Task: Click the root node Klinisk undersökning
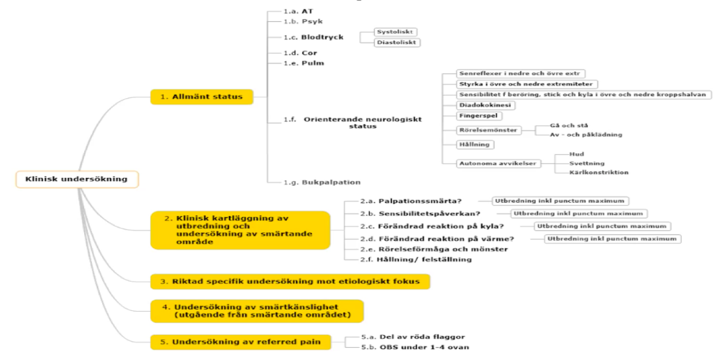76,179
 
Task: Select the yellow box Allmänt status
202,96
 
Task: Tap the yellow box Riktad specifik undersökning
290,281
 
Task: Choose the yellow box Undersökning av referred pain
241,342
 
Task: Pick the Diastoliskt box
397,42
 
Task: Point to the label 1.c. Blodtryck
314,37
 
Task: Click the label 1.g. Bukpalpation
322,182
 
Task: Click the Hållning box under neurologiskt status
475,145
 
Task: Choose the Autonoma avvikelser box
497,163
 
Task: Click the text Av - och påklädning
586,134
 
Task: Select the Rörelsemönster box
488,129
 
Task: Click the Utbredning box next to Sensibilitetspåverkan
578,214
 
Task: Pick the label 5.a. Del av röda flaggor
413,336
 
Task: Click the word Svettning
587,163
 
